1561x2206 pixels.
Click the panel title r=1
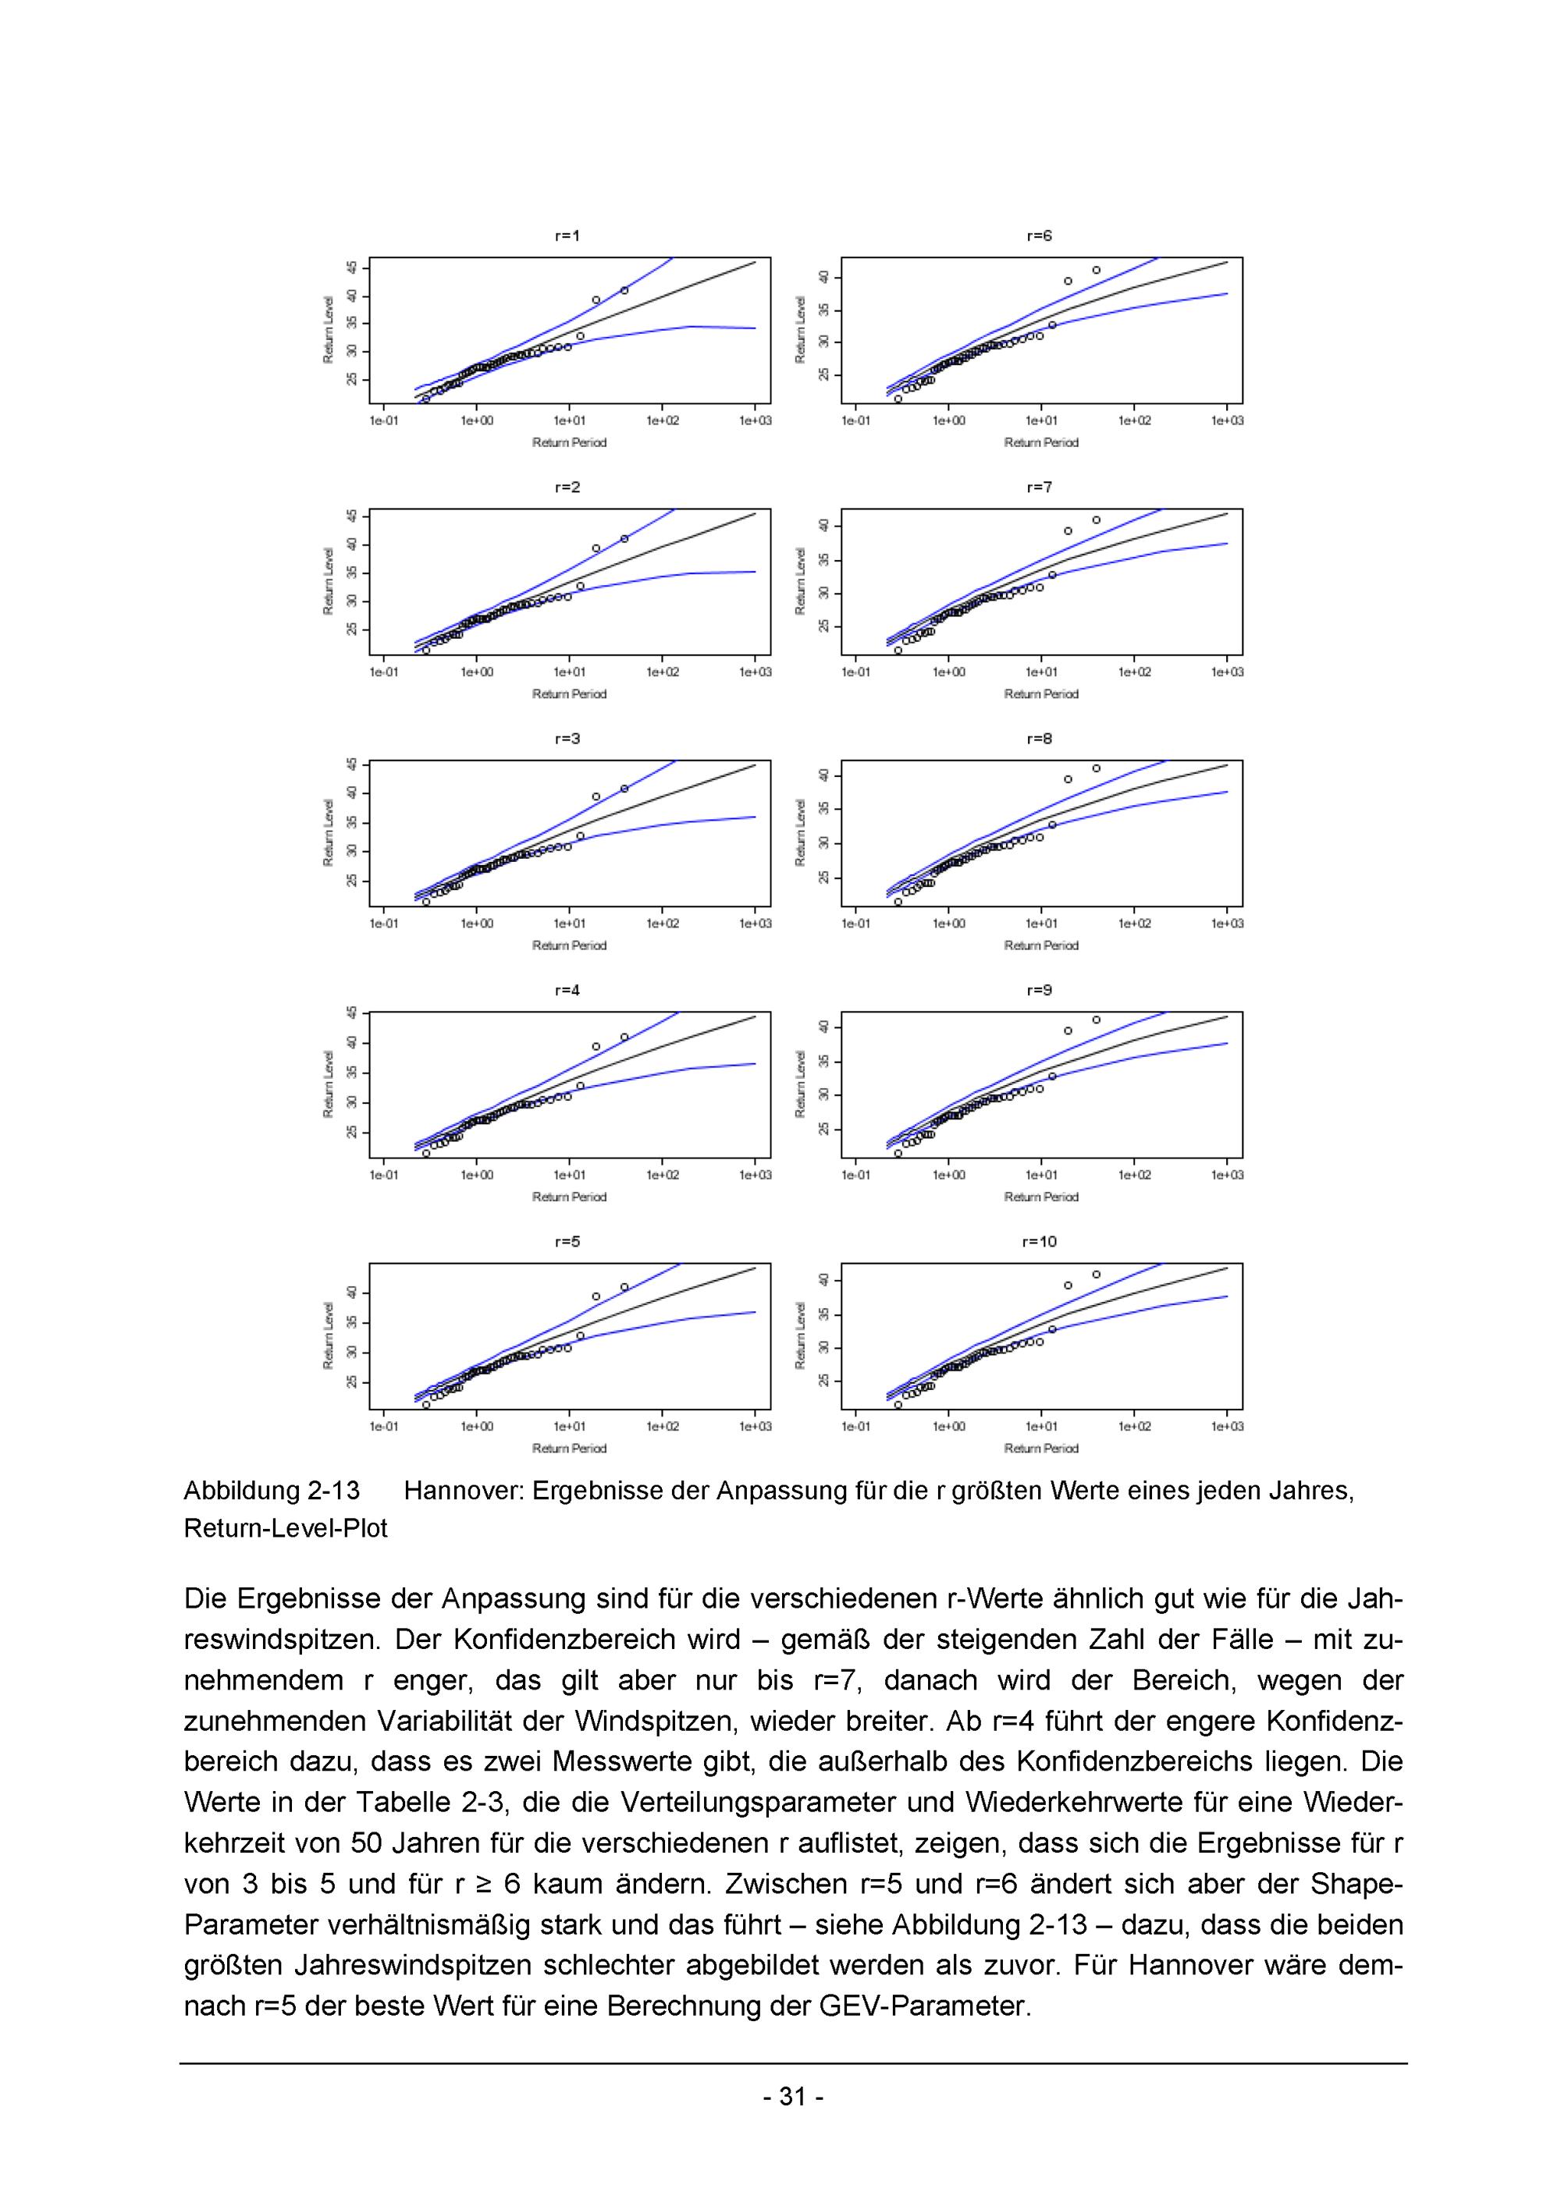[567, 236]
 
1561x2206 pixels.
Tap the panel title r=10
[1039, 1241]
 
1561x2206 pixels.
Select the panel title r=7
[1039, 487]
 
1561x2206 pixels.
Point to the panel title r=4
[567, 990]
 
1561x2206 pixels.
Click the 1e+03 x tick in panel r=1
[755, 420]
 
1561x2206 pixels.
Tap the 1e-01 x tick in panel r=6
[855, 420]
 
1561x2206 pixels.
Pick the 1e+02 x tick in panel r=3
[663, 924]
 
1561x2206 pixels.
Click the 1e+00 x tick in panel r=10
[949, 1426]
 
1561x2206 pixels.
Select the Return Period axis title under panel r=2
[569, 693]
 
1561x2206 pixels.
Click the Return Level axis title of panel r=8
[801, 832]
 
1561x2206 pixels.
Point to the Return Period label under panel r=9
[1041, 1196]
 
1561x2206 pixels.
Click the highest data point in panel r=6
[1096, 270]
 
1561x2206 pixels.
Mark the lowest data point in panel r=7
[898, 651]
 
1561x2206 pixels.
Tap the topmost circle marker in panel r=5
[624, 1286]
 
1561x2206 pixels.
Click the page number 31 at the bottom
[792, 2097]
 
